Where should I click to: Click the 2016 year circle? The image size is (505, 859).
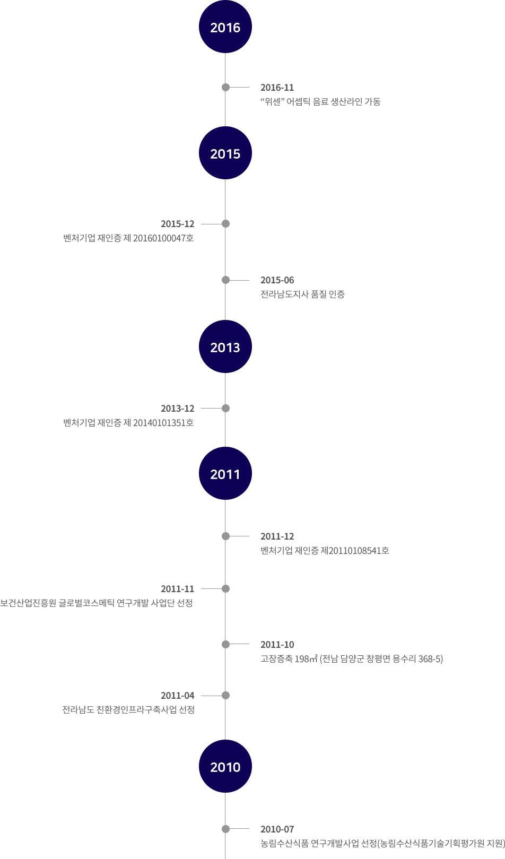pos(225,27)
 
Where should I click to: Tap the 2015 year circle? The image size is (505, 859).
pos(225,153)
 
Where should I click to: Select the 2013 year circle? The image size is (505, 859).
pos(225,346)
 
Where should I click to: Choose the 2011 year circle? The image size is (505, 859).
pos(225,474)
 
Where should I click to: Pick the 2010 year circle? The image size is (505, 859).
pos(225,767)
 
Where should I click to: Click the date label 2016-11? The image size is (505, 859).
pos(277,88)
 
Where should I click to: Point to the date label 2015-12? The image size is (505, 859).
pos(178,224)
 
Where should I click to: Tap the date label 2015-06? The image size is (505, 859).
pos(277,280)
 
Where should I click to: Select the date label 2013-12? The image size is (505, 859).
pos(178,409)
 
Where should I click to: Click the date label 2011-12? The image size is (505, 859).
pos(277,536)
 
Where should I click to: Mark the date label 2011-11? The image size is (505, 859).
pos(178,589)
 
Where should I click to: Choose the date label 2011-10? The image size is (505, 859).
pos(277,645)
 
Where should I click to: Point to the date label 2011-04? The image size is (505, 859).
pos(178,696)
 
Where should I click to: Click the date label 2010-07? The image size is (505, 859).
pos(277,829)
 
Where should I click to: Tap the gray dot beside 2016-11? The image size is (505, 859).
pos(226,88)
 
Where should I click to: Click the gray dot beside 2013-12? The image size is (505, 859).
pos(226,409)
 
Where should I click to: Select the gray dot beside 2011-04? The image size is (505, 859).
pos(226,695)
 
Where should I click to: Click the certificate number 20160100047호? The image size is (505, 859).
pos(163,238)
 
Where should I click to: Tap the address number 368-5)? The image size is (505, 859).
pos(431,659)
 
